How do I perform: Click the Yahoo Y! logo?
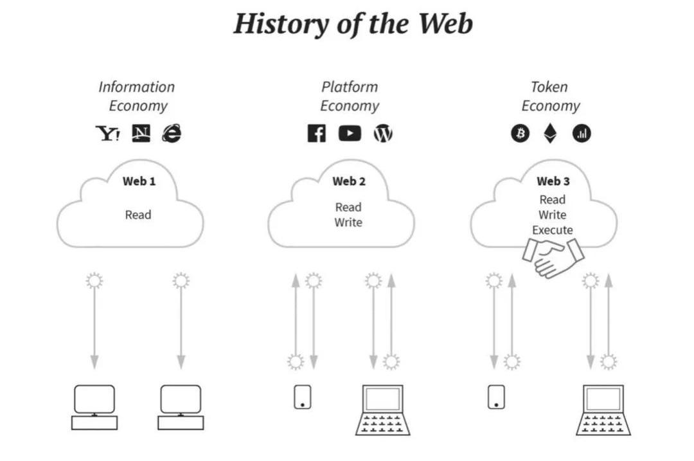pyautogui.click(x=107, y=134)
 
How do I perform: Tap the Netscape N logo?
pyautogui.click(x=141, y=133)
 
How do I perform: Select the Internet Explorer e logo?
pyautogui.click(x=172, y=133)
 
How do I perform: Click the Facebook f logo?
pyautogui.click(x=316, y=134)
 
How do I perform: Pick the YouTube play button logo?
pyautogui.click(x=350, y=134)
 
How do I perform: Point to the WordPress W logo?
pyautogui.click(x=383, y=134)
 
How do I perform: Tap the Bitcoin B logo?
pyautogui.click(x=520, y=134)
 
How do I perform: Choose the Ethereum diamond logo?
pyautogui.click(x=551, y=134)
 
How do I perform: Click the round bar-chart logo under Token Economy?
pyautogui.click(x=582, y=134)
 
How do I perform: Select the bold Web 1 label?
pyautogui.click(x=139, y=181)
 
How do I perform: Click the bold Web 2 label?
pyautogui.click(x=349, y=181)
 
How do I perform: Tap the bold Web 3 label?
pyautogui.click(x=553, y=181)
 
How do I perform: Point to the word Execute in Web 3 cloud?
pyautogui.click(x=553, y=230)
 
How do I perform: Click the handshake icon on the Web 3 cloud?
pyautogui.click(x=553, y=257)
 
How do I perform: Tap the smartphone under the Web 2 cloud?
pyautogui.click(x=302, y=396)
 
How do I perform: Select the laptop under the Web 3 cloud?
pyautogui.click(x=603, y=410)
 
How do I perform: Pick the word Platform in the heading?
pyautogui.click(x=350, y=87)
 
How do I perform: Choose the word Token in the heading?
pyautogui.click(x=549, y=87)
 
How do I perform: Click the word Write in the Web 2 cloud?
pyautogui.click(x=348, y=222)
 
